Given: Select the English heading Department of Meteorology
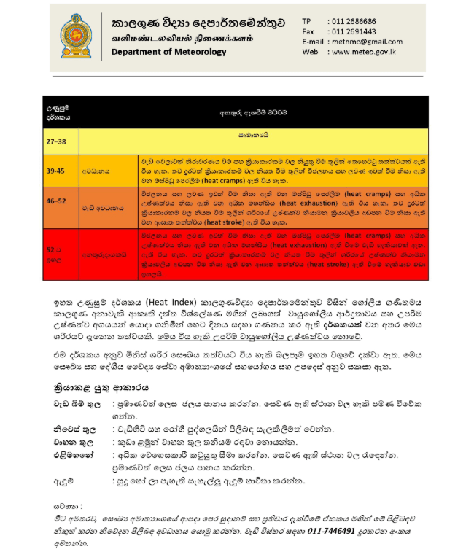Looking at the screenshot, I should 170,52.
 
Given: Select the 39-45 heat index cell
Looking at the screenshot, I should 56,170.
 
